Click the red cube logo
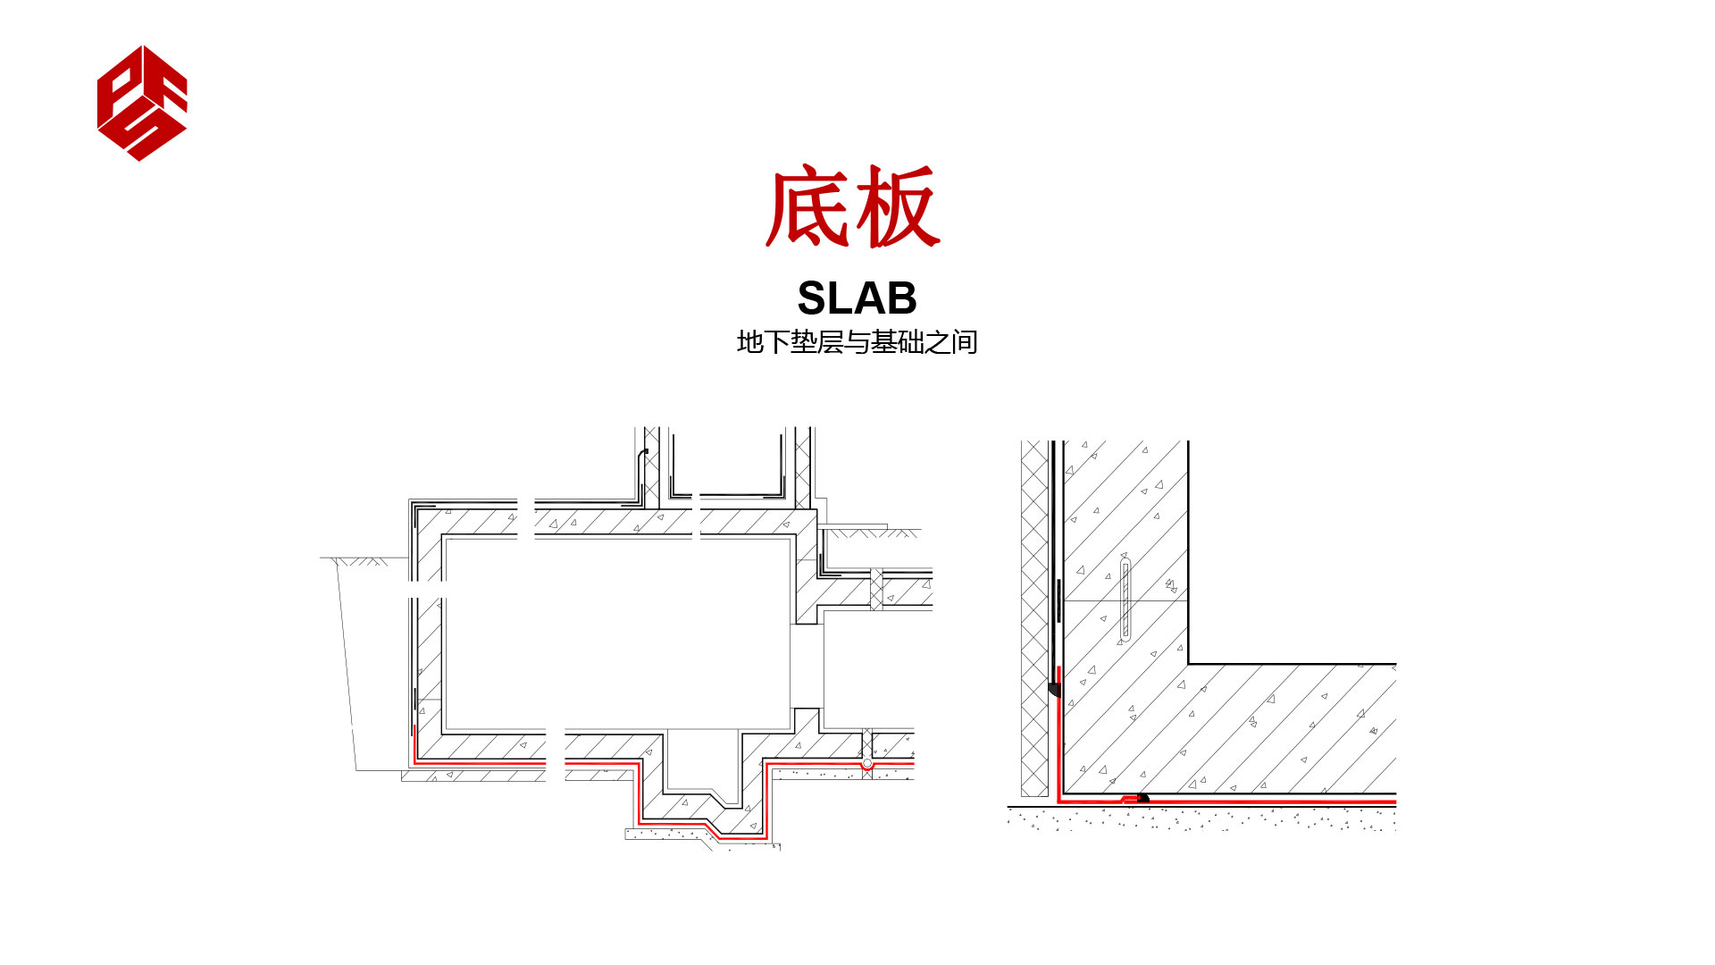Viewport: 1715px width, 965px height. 142,103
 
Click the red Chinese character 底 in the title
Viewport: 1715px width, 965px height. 807,207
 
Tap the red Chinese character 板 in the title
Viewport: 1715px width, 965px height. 896,207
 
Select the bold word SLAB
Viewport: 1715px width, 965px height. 857,298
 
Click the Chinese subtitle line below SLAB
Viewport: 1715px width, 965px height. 857,342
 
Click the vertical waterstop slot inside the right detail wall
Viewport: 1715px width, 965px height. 1125,600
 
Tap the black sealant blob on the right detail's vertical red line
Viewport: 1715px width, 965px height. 1054,689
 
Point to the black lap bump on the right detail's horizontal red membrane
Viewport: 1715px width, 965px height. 1142,797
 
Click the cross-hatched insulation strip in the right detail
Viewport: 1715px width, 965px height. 1033,617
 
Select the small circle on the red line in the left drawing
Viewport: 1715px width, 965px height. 866,764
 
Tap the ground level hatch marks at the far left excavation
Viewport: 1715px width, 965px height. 362,562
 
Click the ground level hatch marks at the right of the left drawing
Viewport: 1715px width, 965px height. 871,533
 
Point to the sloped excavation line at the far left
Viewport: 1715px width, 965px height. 347,661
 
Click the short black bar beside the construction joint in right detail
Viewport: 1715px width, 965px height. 1059,600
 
